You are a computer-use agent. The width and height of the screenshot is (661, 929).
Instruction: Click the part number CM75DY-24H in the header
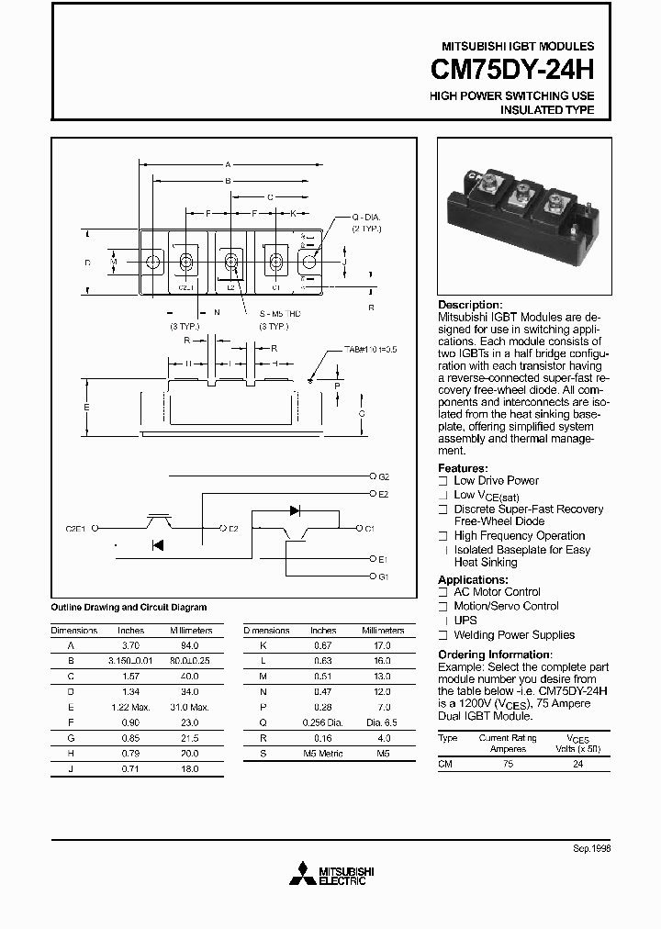tap(512, 71)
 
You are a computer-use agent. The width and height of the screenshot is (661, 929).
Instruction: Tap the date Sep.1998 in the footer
tap(591, 850)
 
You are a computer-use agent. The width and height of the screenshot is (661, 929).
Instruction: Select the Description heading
tap(470, 305)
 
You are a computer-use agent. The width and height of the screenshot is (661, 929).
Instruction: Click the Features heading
tap(463, 468)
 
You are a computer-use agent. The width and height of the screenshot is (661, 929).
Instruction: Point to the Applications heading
tap(473, 580)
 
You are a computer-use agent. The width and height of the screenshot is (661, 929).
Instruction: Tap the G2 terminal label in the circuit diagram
tap(384, 477)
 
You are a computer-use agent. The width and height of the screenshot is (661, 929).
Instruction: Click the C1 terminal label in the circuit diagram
tap(370, 529)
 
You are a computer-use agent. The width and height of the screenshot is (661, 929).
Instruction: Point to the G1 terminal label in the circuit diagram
tap(384, 576)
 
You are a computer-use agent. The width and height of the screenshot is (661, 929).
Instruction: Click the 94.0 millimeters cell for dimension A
tap(190, 645)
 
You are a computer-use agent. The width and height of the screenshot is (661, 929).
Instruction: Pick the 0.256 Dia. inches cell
tap(323, 722)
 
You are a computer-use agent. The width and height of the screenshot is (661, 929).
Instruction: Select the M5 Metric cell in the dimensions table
tap(323, 753)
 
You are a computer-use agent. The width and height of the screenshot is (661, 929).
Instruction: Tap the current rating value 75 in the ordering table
tap(508, 764)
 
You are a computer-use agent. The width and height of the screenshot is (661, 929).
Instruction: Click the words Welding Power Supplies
tap(514, 635)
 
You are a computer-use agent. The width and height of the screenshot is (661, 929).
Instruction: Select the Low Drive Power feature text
tap(496, 481)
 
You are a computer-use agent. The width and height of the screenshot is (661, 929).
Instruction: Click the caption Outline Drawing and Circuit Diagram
tap(129, 608)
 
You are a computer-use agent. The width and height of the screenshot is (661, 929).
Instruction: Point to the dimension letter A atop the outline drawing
tap(227, 164)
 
